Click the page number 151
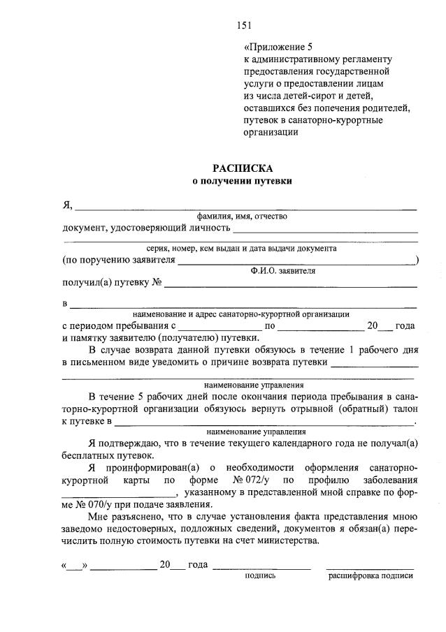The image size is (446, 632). pos(243,26)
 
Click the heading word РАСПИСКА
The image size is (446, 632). pos(243,168)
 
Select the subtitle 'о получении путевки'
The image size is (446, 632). pos(243,181)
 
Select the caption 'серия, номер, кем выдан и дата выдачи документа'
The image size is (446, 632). pos(242,248)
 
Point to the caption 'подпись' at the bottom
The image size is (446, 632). pos(260,576)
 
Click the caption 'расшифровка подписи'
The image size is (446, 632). pos(371,576)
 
